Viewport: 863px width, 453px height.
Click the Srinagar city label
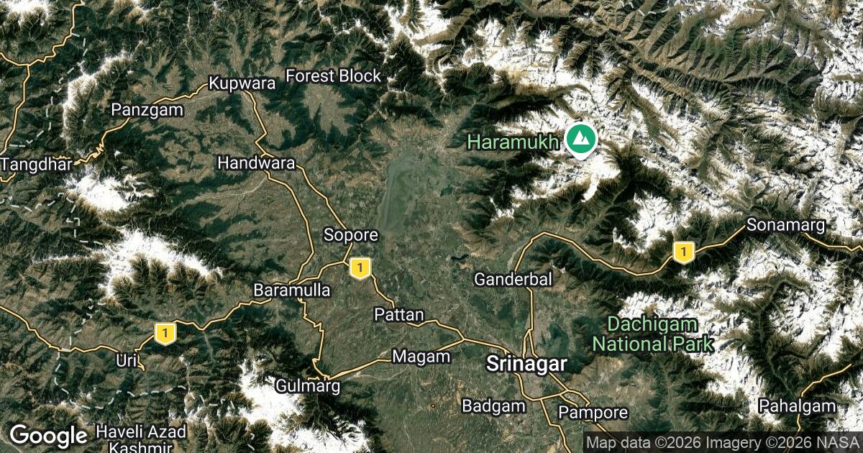pos(527,363)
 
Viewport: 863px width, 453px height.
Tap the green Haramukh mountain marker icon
pos(580,139)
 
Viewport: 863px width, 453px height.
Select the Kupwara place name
pos(242,83)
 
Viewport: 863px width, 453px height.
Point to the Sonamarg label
pos(785,225)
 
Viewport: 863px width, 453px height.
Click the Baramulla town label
pos(292,290)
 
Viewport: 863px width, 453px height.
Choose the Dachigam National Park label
pos(652,334)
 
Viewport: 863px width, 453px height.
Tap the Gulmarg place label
pos(307,386)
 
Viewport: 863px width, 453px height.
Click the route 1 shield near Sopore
pos(360,268)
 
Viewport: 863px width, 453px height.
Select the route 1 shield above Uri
pos(165,334)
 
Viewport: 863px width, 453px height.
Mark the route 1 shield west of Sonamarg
pos(682,252)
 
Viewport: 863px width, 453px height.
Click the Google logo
pos(48,435)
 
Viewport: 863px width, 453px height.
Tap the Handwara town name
pos(256,163)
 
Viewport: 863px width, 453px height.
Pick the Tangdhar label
pos(36,164)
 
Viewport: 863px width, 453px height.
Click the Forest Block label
pos(333,76)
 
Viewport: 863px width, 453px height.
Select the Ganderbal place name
pos(513,279)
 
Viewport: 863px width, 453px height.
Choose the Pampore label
pos(593,413)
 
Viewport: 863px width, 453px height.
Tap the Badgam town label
pos(493,406)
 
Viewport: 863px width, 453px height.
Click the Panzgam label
pos(147,110)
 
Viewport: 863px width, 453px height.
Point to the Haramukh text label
pos(513,142)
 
